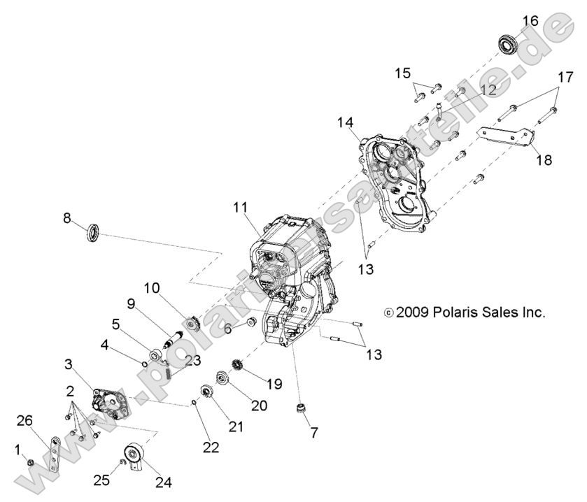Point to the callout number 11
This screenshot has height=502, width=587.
[241, 207]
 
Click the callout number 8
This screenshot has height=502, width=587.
[67, 218]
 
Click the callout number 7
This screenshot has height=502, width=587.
[314, 433]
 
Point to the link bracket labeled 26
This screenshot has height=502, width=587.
[54, 452]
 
